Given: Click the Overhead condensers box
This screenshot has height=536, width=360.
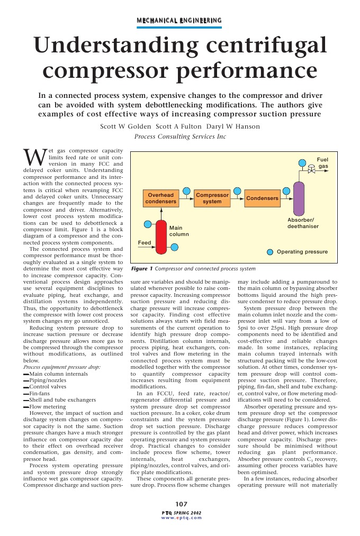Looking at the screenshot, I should point(161,198).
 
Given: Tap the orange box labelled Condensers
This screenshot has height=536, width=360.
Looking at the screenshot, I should point(263,198).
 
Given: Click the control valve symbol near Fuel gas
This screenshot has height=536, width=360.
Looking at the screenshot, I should point(312,170).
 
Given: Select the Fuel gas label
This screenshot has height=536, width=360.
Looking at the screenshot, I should point(322,162).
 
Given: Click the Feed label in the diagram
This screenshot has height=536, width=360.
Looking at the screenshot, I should point(145,242).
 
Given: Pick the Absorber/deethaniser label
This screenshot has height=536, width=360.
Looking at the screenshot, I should point(303,223).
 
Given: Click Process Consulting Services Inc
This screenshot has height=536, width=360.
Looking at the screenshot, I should point(180,137).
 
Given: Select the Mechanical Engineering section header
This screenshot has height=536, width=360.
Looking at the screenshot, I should point(179,21).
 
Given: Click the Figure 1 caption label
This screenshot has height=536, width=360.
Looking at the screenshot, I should point(142,269).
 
